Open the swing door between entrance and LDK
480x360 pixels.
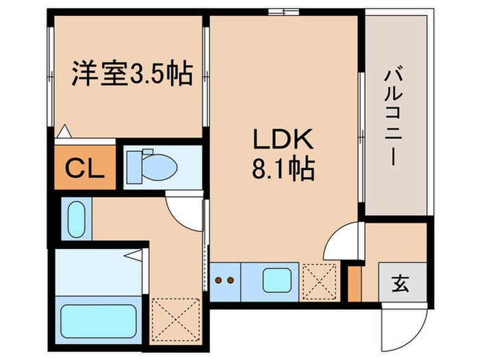[x=341, y=241]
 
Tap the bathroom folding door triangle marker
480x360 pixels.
[x=136, y=255]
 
